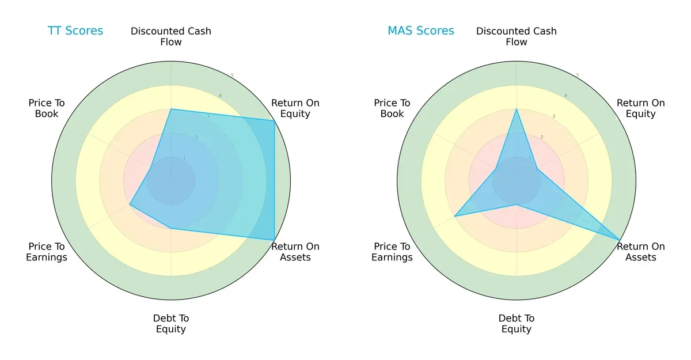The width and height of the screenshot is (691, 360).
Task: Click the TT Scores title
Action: [75, 31]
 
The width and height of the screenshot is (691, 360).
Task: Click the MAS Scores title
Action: [421, 31]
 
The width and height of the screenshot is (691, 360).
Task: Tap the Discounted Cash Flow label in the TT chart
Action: [171, 36]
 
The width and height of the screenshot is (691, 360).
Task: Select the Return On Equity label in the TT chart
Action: [295, 108]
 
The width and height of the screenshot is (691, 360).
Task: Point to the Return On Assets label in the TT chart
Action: [295, 252]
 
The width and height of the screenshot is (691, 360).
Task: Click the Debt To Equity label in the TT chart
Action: [171, 324]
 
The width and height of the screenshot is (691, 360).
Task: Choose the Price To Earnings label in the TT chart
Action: [47, 252]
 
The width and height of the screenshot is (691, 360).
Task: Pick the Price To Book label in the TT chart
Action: [47, 108]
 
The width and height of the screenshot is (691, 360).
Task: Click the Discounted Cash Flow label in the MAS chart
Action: [517, 36]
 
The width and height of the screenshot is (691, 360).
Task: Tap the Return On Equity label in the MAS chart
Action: [641, 108]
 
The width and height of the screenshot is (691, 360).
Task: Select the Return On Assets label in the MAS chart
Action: [641, 252]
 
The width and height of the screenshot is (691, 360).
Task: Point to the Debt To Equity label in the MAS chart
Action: [517, 324]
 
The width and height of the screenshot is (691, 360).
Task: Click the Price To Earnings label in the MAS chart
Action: [392, 252]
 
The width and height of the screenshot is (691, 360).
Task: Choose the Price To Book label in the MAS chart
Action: [392, 108]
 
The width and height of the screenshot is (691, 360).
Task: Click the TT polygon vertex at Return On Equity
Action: [274, 120]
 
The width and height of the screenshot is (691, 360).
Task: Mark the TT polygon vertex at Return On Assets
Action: [274, 240]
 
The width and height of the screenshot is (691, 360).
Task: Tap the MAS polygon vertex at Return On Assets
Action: [620, 240]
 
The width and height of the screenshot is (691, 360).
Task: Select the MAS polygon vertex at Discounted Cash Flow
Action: [517, 109]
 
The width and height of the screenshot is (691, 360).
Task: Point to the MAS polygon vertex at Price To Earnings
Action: [455, 216]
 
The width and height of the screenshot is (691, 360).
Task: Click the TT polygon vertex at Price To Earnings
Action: [130, 204]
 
